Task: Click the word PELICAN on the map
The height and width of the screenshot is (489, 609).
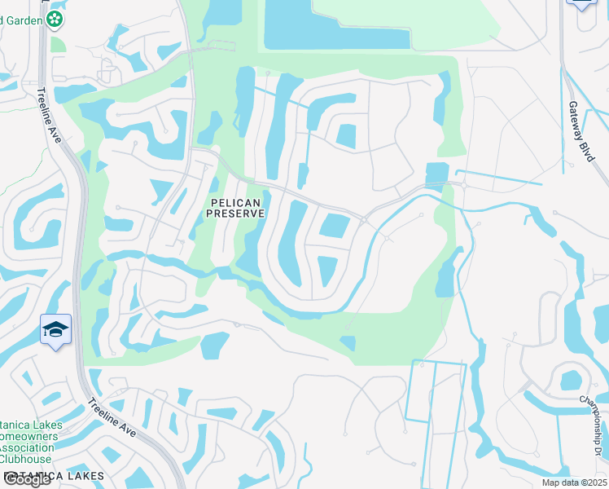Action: click(x=236, y=202)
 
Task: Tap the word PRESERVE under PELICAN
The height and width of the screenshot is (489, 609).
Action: click(x=236, y=214)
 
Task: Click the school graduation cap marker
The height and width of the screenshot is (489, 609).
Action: click(x=55, y=329)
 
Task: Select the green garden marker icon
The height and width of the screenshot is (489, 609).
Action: click(x=55, y=18)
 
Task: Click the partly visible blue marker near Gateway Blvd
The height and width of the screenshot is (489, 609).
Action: click(x=581, y=4)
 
